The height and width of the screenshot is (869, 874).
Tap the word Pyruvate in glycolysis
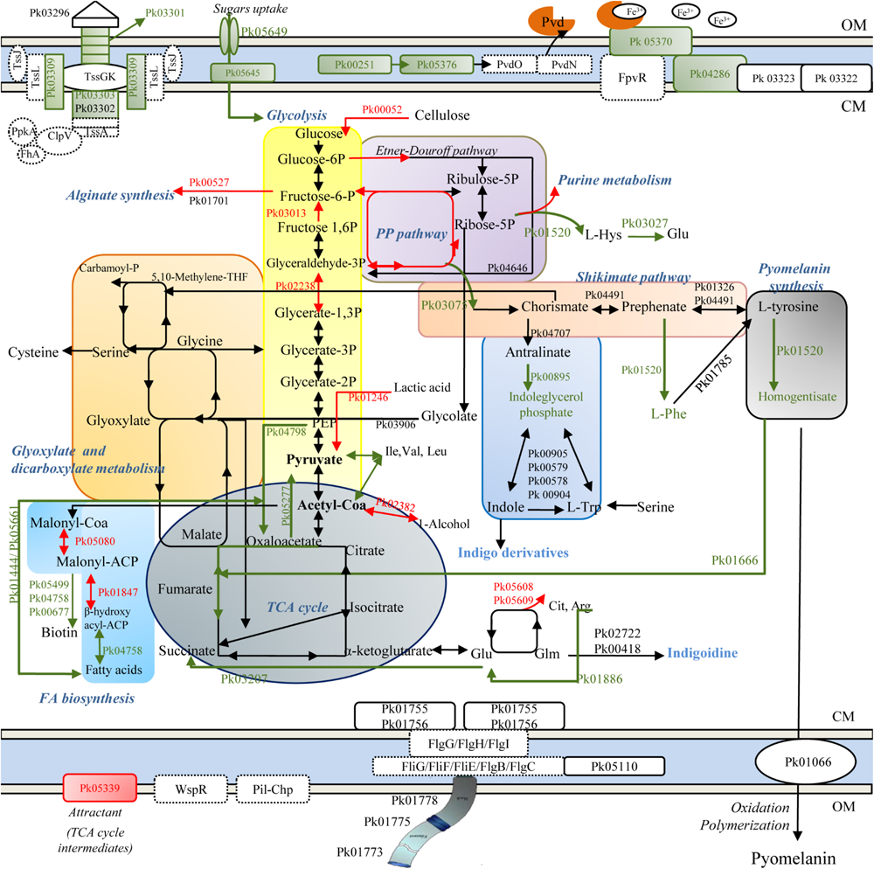(x=316, y=457)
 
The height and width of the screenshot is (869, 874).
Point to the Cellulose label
(x=442, y=115)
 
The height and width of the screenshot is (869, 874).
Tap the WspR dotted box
(x=190, y=789)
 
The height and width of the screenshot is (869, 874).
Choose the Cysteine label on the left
(x=34, y=352)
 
